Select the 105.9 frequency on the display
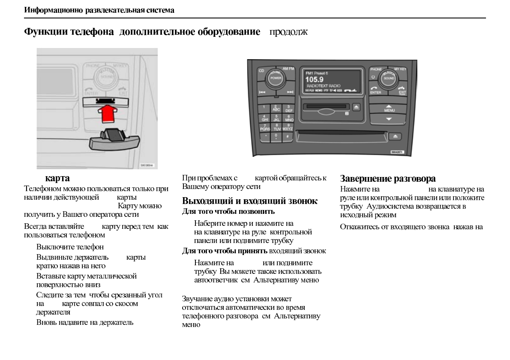point(314,79)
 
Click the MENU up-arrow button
point(389,108)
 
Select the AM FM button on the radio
point(288,69)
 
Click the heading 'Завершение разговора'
point(387,178)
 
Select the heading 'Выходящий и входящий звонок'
point(250,201)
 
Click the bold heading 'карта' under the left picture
point(57,178)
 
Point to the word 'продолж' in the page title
point(288,32)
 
